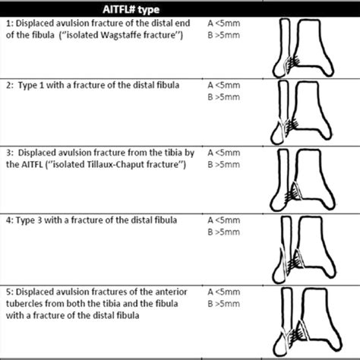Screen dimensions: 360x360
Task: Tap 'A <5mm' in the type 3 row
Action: click(225, 154)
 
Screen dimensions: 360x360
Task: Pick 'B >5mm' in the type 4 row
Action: click(225, 231)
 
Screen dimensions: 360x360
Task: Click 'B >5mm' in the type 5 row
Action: click(225, 302)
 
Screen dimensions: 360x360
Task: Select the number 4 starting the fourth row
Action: click(8, 219)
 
